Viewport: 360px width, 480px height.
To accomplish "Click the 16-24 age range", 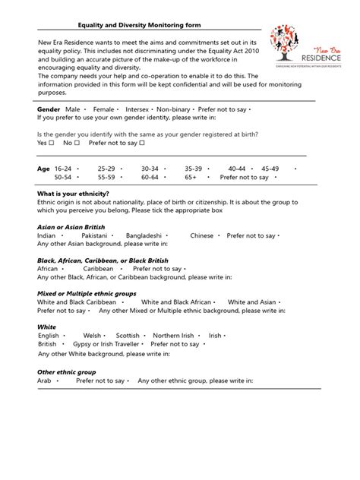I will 63,167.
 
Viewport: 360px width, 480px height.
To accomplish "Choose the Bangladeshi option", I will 144,235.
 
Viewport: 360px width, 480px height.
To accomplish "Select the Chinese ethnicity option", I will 202,235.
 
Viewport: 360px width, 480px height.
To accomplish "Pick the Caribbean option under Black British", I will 99,269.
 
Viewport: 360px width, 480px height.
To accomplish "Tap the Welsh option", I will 92,335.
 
